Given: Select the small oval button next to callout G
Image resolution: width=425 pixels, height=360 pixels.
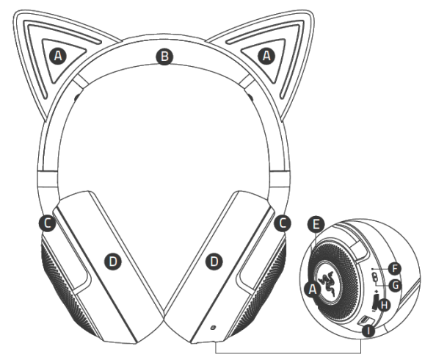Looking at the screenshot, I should click(374, 278).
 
